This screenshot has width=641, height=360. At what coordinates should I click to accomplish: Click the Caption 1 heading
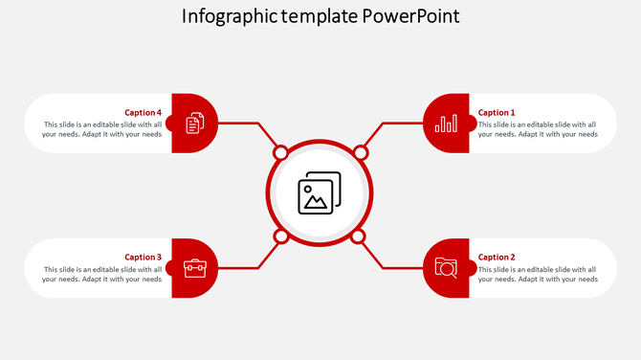click(x=497, y=112)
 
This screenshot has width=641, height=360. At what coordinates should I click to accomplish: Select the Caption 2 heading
click(x=497, y=257)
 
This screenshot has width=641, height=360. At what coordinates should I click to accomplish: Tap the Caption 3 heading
click(x=144, y=257)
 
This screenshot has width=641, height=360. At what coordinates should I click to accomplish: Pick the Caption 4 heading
click(x=144, y=112)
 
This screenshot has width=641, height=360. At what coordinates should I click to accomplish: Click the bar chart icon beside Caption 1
click(x=446, y=124)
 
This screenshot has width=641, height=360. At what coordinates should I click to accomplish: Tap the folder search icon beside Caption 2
click(x=446, y=268)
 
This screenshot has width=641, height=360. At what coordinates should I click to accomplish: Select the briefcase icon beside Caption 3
click(x=194, y=268)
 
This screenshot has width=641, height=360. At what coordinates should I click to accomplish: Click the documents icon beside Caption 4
click(x=194, y=123)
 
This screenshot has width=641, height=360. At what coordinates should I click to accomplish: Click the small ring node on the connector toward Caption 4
click(x=281, y=153)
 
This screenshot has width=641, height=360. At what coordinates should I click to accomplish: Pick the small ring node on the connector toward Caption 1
click(x=361, y=153)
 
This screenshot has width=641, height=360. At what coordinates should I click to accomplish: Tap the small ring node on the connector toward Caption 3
click(x=281, y=236)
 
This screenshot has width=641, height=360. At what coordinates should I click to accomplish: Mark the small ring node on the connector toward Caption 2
click(x=359, y=236)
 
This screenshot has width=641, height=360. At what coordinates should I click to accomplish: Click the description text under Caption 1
click(x=538, y=129)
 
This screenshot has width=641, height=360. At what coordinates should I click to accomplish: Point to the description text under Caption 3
click(x=102, y=274)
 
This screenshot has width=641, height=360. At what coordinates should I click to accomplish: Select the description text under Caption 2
click(x=538, y=274)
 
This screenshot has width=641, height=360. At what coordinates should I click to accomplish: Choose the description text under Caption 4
click(x=102, y=129)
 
